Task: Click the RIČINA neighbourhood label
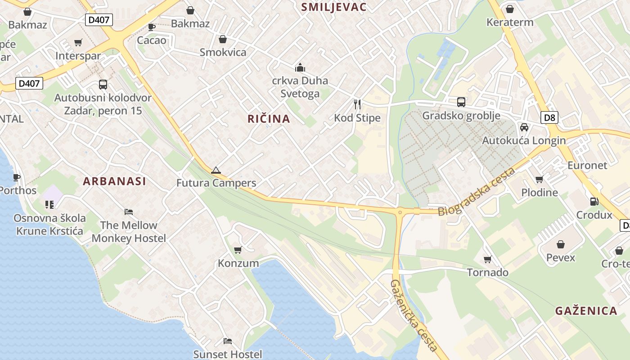(x=269, y=119)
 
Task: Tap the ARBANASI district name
(x=114, y=181)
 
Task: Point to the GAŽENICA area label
(x=585, y=310)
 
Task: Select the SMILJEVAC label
(x=333, y=7)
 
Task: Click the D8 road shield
(x=550, y=118)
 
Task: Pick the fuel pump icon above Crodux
(x=594, y=202)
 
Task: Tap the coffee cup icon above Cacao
(x=152, y=27)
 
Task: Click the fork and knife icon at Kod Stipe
(x=357, y=104)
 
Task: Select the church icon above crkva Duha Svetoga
(x=300, y=67)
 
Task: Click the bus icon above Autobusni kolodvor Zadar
(x=103, y=84)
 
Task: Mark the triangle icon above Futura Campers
(x=216, y=170)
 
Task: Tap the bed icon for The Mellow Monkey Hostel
(x=129, y=211)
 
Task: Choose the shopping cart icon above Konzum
(x=238, y=250)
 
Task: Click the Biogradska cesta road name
(x=477, y=192)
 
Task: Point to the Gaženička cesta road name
(x=414, y=315)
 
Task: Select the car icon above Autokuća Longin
(x=524, y=127)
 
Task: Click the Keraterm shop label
(x=510, y=22)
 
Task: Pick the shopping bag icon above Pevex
(x=561, y=244)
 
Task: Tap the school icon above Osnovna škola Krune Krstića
(x=49, y=205)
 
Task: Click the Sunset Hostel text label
(x=228, y=354)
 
